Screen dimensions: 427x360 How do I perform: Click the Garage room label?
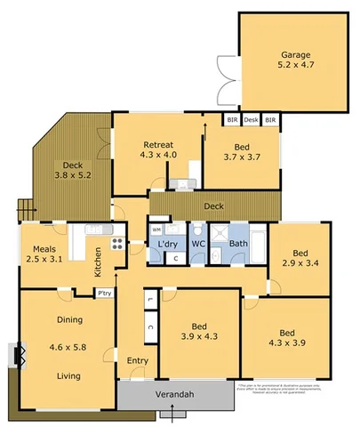tap(296, 53)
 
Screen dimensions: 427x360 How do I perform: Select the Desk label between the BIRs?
tap(252, 119)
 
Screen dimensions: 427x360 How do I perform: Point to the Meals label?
tap(45, 248)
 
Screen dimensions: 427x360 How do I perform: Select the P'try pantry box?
tap(104, 293)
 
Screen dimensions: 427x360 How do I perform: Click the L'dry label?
tap(168, 244)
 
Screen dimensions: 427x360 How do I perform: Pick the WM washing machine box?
tap(156, 229)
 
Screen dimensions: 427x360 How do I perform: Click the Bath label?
tap(238, 243)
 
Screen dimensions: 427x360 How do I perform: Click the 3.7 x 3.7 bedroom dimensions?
tap(242, 157)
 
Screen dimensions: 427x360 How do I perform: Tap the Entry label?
tap(138, 360)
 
